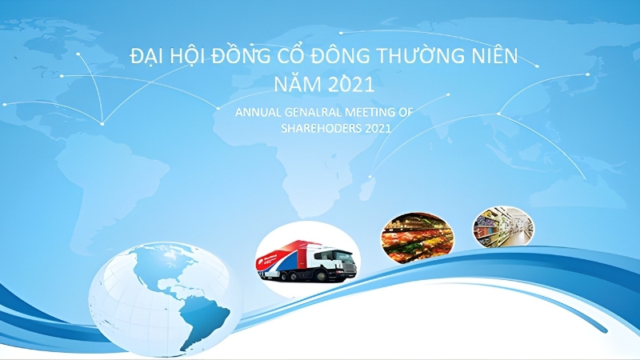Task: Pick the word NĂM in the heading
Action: coord(295,83)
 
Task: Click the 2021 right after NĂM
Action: coord(350,83)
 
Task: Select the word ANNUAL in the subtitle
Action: coord(258,113)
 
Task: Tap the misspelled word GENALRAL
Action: coord(314,113)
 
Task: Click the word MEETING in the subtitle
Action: coord(370,113)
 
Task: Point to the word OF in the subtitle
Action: coord(406,113)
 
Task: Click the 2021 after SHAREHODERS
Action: coord(376,128)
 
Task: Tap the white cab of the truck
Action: coord(336,262)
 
